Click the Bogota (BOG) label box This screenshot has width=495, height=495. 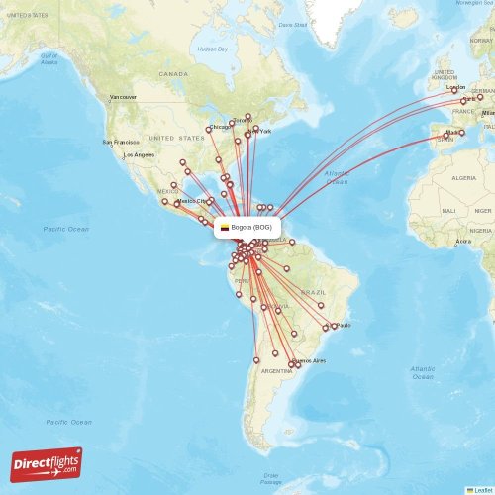tap(248, 227)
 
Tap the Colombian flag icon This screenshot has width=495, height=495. tap(225, 227)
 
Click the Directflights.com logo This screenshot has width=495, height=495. tap(47, 464)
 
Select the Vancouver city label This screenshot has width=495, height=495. tap(123, 97)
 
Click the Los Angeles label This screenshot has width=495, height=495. tap(138, 155)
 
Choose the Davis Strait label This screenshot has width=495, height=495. tap(292, 24)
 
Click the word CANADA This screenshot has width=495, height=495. tap(173, 74)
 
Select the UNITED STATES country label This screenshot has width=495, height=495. tap(175, 138)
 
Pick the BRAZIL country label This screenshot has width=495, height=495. tap(314, 292)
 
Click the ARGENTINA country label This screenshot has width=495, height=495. tap(276, 370)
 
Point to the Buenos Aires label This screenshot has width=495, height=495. tap(309, 361)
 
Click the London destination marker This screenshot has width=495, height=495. tap(455, 91)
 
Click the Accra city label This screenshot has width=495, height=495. tap(463, 241)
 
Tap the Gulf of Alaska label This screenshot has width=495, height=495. tap(48, 58)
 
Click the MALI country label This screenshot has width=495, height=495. tap(449, 210)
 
